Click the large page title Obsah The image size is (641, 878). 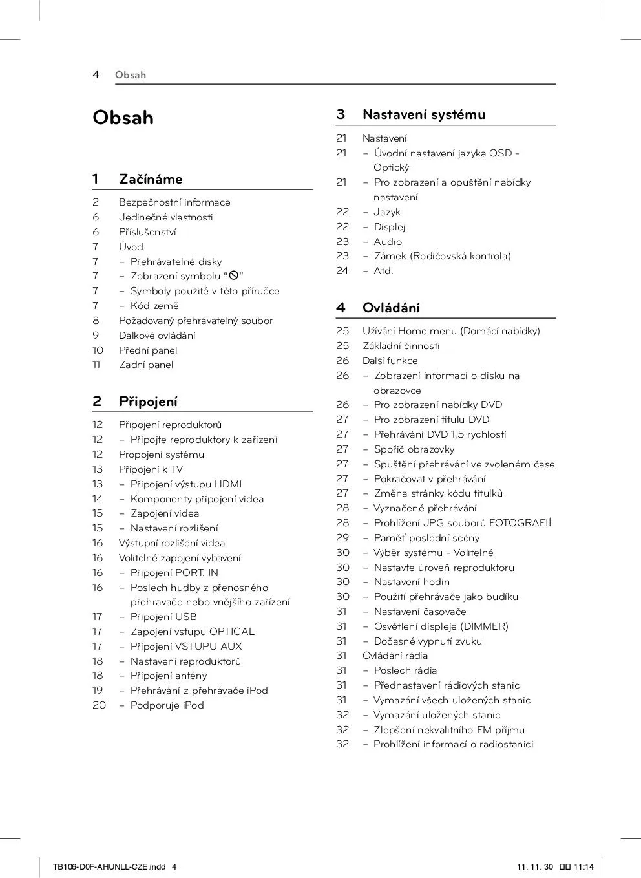point(123,118)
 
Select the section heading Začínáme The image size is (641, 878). point(151,179)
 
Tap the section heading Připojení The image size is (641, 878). point(148,402)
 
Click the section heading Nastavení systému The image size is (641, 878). point(423,114)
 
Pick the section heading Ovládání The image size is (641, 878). point(391,308)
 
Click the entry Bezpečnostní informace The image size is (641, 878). point(174,202)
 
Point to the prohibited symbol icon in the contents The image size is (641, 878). point(234,276)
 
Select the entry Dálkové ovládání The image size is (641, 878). point(157,336)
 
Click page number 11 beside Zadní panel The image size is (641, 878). point(96,365)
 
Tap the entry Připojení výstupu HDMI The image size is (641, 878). point(186,484)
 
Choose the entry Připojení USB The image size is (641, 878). point(163,617)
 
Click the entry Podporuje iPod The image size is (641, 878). point(167,705)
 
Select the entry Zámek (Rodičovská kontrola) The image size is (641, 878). point(442,256)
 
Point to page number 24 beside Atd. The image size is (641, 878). point(342,271)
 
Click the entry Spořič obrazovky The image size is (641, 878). point(414,449)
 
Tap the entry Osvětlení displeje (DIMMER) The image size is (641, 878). point(441,626)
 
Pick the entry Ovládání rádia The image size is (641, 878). point(395,656)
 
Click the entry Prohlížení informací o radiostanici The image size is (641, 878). point(453,744)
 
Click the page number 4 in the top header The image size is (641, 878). point(96,75)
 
